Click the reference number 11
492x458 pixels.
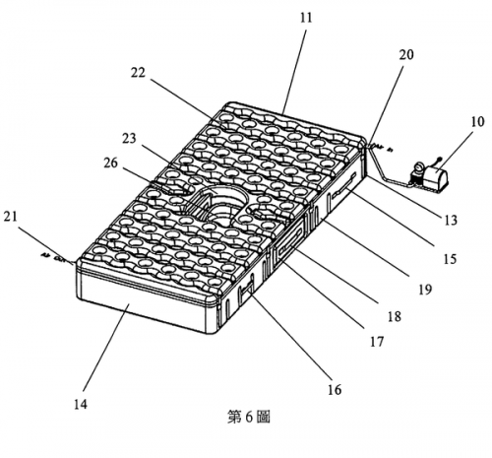coord(306,18)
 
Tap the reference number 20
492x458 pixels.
coord(406,54)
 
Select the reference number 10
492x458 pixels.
coord(477,122)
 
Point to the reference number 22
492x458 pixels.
coord(138,73)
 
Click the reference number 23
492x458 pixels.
coord(129,138)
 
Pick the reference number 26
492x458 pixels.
coord(110,163)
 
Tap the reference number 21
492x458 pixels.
coord(10,217)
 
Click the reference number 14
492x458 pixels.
coord(81,404)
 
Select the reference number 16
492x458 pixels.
coord(335,390)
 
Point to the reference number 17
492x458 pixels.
coord(377,342)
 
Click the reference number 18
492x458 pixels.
coord(395,316)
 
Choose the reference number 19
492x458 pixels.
coord(425,290)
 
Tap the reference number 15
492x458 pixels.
coord(450,259)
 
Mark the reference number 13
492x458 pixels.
coord(451,220)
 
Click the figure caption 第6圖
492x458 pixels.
coord(249,417)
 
